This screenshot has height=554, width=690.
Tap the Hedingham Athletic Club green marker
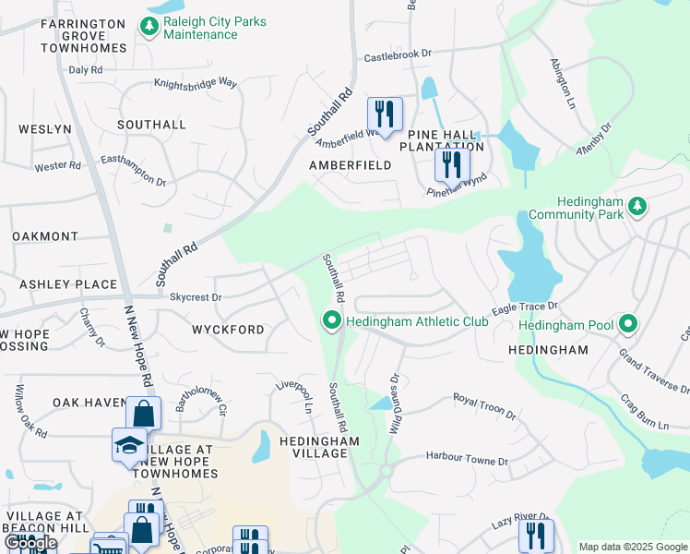coord(332,321)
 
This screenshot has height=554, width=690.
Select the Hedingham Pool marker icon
coord(629,324)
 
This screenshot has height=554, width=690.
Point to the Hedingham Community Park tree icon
coord(636,208)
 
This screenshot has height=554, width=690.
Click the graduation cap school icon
coord(129,444)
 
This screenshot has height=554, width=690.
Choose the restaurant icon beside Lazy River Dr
coord(535,534)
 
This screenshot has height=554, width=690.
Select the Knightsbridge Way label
coord(196,84)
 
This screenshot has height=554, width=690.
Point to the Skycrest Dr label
coord(196,297)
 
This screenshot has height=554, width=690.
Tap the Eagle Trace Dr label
coord(526,307)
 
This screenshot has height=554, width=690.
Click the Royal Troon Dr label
coord(483,405)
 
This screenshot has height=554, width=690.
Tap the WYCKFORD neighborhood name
coord(228,330)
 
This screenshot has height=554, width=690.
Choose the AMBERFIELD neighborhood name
coord(350,165)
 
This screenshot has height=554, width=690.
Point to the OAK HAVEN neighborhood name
coord(89,403)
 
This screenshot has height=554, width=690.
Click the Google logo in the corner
coord(30,543)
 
